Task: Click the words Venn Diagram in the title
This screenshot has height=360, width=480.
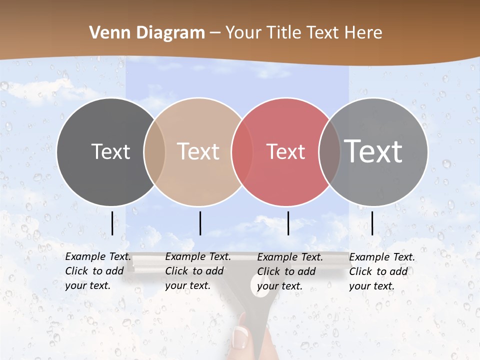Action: coord(147,33)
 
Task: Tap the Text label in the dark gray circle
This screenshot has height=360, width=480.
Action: coord(110,151)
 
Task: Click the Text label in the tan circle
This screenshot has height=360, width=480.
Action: coord(198,151)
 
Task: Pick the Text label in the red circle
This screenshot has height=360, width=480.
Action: coord(285,151)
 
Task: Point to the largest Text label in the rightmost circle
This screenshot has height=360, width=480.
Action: coord(373,151)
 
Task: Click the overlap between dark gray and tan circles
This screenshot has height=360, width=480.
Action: coord(154,152)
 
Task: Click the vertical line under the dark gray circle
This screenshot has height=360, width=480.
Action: coord(112,223)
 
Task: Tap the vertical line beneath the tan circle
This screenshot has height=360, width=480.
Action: coord(200,223)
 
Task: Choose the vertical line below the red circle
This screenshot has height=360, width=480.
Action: coord(288,223)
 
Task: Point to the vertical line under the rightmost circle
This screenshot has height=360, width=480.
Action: coord(372,223)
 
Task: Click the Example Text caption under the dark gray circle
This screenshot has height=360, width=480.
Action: coord(98,271)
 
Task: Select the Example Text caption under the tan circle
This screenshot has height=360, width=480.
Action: coord(198,271)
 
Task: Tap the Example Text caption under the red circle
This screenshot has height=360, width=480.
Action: coord(290,271)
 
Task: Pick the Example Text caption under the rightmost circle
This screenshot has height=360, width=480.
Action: coord(382,271)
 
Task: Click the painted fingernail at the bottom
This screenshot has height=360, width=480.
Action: coord(240,336)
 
